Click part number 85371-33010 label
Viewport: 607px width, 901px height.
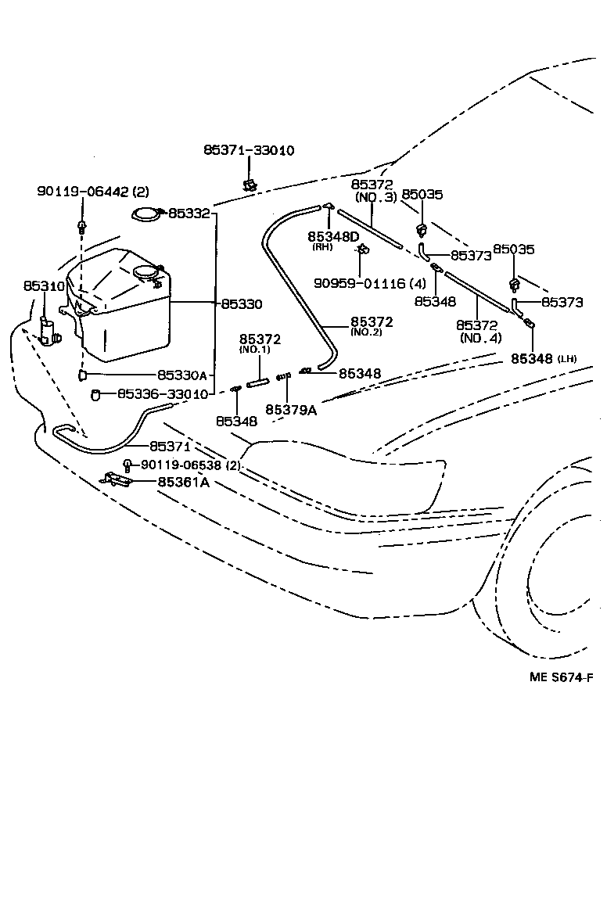pos(249,150)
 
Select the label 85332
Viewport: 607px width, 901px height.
pos(189,213)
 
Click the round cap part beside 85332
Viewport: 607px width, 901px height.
pos(145,214)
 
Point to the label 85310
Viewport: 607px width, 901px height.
pos(44,287)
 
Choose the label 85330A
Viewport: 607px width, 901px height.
pos(182,375)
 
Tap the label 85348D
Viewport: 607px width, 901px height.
pos(333,236)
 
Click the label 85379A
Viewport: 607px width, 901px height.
pos(290,409)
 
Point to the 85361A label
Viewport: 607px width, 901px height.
pos(183,482)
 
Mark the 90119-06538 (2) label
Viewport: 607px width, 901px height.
pos(191,465)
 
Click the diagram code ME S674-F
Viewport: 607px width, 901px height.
pos(562,677)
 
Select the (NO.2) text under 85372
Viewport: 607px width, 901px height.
pos(372,332)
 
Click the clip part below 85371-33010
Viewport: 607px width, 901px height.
pos(250,185)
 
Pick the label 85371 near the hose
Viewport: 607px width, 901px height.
pos(170,446)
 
